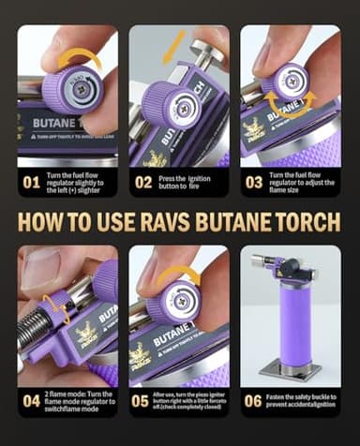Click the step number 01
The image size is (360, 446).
pyautogui.click(x=31, y=182)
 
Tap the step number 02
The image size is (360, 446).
pyautogui.click(x=142, y=182)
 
